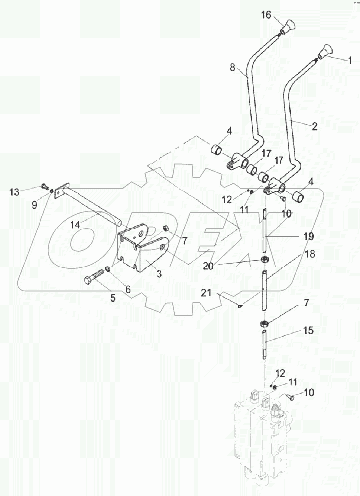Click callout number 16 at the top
click(266, 16)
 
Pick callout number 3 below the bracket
click(159, 274)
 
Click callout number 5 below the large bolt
click(112, 298)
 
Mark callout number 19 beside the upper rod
click(308, 237)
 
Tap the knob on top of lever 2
click(326, 51)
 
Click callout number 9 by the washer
click(34, 204)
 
